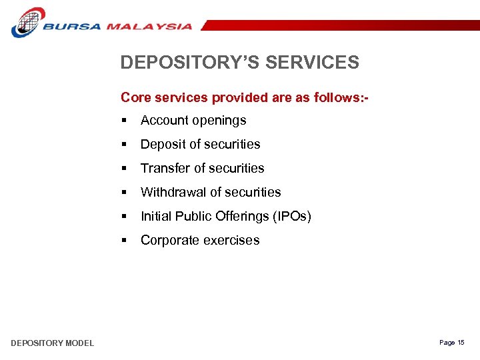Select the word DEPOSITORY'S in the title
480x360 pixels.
pyautogui.click(x=189, y=63)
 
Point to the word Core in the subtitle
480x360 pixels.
pyautogui.click(x=135, y=97)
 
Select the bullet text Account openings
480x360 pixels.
pyautogui.click(x=193, y=121)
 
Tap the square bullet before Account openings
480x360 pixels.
pyautogui.click(x=125, y=121)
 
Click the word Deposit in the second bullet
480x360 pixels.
pyautogui.click(x=161, y=145)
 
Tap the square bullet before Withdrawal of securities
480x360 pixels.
pyautogui.click(x=125, y=193)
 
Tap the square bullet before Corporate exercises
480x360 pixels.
pyautogui.click(x=125, y=241)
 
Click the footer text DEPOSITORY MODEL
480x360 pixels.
pyautogui.click(x=52, y=343)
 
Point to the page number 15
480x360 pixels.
pyautogui.click(x=461, y=343)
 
